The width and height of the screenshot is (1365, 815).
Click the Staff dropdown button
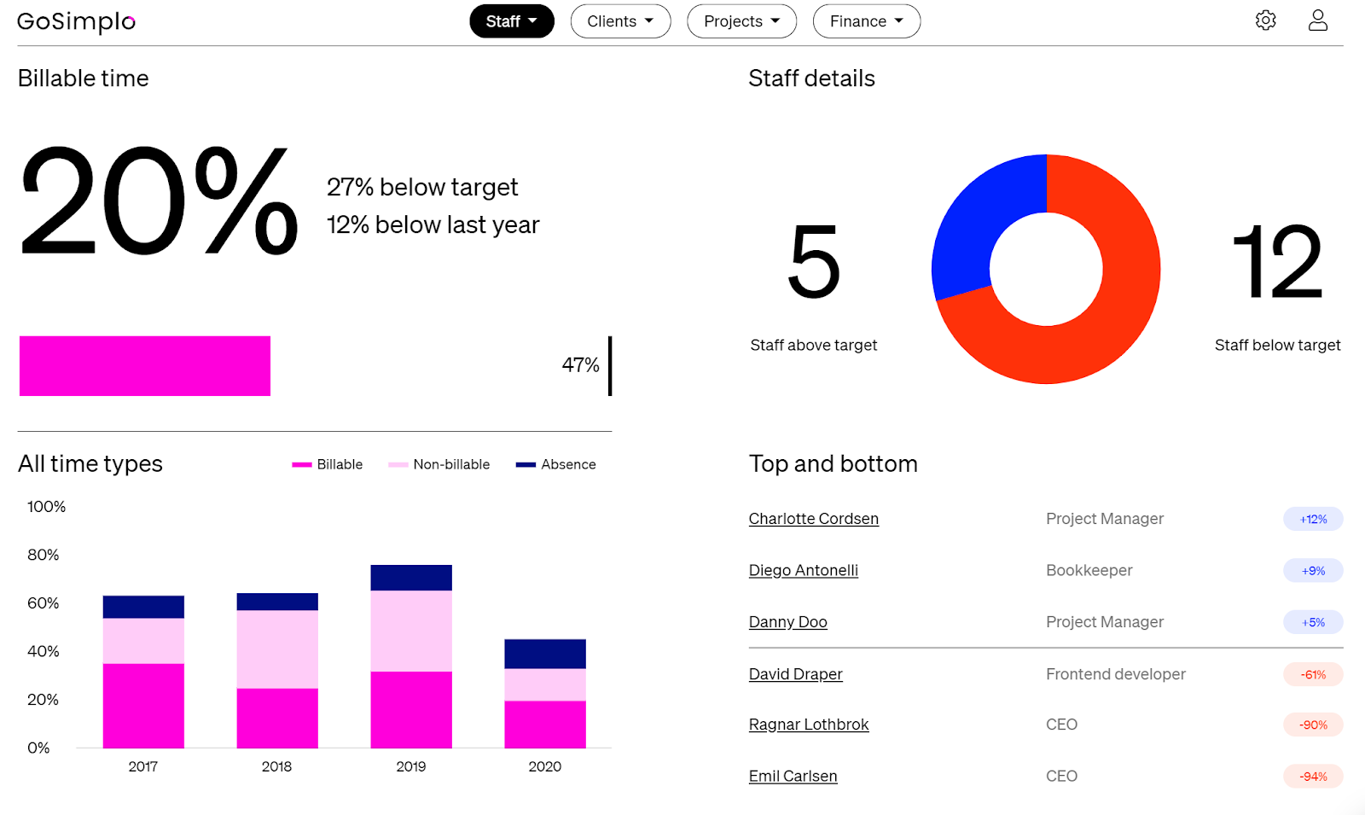click(511, 21)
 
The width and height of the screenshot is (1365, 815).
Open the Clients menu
click(620, 21)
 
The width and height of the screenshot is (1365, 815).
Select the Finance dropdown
click(866, 21)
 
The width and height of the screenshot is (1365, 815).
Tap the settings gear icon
click(1265, 20)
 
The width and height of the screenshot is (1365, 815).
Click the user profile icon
click(1317, 20)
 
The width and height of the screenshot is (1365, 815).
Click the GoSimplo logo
click(76, 22)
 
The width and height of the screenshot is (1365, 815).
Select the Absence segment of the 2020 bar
click(545, 654)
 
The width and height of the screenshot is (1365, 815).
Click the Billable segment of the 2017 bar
click(143, 706)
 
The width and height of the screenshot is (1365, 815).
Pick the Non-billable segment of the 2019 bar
click(411, 631)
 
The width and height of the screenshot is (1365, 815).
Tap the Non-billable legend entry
click(440, 464)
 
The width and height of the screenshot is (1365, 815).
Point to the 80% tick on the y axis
click(44, 555)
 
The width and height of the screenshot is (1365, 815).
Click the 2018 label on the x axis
click(276, 766)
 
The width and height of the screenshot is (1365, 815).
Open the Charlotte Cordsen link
click(813, 519)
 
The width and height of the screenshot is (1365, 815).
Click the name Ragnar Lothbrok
click(808, 725)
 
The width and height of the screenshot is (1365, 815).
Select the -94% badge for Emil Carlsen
click(1313, 777)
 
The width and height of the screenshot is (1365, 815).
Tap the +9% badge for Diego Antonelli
click(1313, 571)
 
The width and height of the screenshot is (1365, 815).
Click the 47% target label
click(580, 365)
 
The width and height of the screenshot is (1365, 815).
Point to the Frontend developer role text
click(1115, 674)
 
